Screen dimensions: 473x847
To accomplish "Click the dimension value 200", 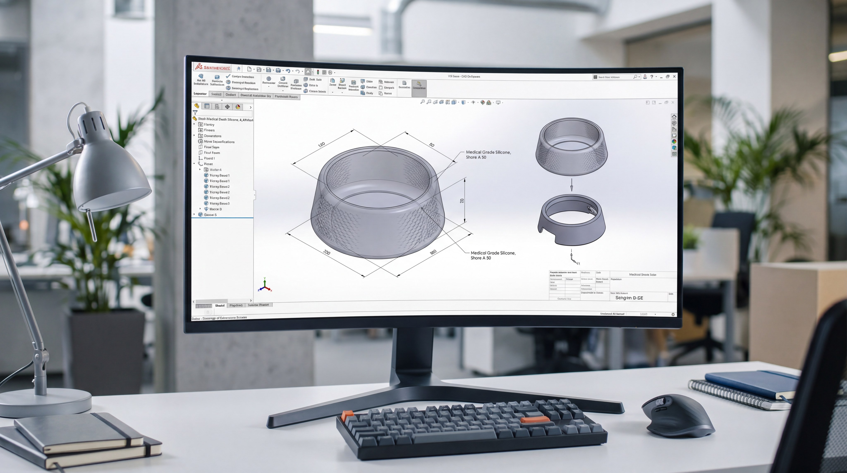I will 327,252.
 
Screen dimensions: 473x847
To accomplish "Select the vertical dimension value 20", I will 462,201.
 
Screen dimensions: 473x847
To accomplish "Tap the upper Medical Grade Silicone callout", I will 488,155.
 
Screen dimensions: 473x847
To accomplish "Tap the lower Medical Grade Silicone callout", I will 493,255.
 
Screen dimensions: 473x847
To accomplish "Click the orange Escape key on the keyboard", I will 347,415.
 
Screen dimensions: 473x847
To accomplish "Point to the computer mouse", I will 678,415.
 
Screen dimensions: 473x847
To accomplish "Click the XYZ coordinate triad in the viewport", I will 265,286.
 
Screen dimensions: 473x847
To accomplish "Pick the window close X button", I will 674,77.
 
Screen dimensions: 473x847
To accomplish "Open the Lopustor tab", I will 200,94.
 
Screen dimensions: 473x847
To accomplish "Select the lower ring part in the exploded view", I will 572,220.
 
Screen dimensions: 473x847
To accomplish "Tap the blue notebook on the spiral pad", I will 753,383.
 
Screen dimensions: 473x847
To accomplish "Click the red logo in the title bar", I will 198,67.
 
